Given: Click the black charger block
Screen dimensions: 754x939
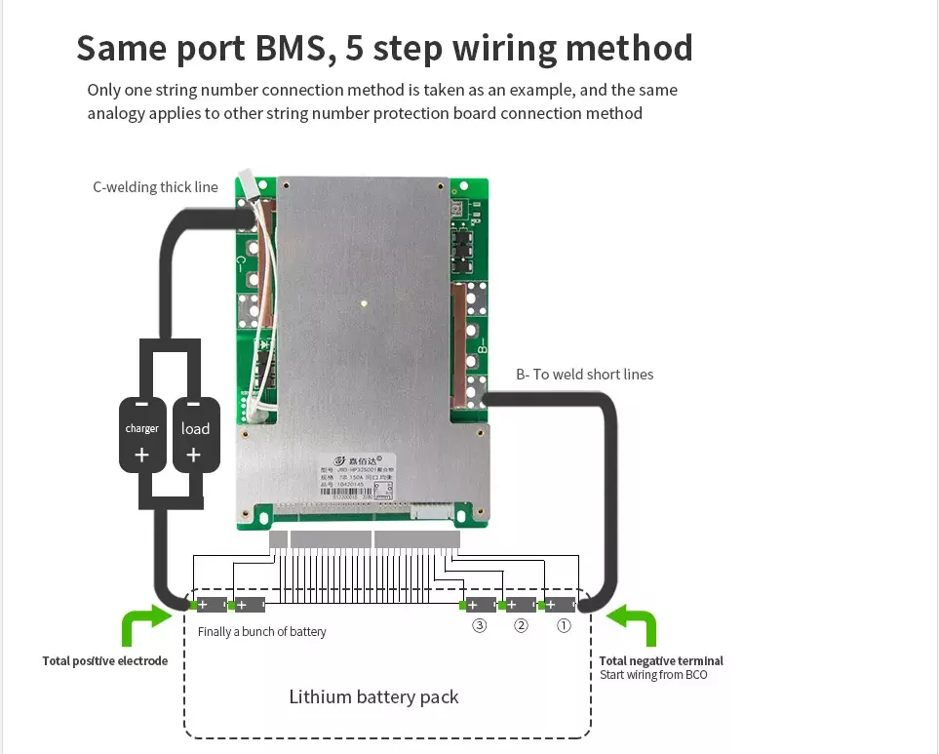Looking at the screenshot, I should coord(142,433).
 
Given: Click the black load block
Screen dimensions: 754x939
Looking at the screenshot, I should coord(195,433).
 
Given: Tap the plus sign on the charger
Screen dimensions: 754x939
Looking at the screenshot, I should coord(142,455).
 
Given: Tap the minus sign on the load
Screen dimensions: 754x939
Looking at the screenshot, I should coord(194,404).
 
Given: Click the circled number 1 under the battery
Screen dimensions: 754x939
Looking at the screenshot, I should coord(563,626).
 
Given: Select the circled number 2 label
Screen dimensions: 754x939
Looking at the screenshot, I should coord(521,626).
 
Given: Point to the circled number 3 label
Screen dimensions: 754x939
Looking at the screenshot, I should coord(479,626).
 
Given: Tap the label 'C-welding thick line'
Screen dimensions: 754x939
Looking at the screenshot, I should coord(155,186).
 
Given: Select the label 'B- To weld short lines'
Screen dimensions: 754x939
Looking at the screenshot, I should coord(584,374).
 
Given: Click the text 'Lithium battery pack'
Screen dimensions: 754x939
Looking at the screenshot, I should coord(373,696).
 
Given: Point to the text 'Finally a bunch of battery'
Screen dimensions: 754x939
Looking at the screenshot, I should coord(261,632).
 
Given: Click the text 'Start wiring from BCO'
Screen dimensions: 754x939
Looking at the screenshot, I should coord(653,675).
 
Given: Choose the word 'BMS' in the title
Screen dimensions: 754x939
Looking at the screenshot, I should coord(292,47).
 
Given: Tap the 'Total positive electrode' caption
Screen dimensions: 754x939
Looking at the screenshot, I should coord(105,661).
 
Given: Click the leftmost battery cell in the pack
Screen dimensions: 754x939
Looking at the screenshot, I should coord(212,605).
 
